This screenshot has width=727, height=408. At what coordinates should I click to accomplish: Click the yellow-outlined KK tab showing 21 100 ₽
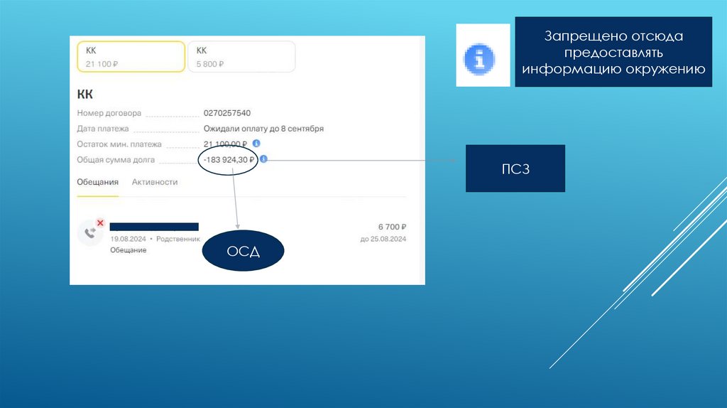click(x=131, y=56)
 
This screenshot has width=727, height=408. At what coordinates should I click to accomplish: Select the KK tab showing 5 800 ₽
click(x=241, y=56)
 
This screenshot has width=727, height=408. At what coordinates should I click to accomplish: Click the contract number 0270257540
click(x=226, y=113)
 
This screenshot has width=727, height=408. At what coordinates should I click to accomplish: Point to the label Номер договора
click(x=109, y=113)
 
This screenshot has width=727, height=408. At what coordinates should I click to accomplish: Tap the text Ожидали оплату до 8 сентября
click(x=263, y=129)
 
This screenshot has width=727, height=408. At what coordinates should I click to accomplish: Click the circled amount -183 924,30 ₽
click(x=228, y=160)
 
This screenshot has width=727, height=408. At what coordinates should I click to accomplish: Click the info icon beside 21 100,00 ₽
click(x=256, y=144)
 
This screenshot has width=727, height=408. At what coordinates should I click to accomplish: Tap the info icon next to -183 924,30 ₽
click(x=263, y=160)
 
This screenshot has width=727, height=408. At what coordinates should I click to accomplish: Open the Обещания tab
click(x=97, y=182)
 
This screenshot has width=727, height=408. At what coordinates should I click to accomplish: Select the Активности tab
click(x=155, y=182)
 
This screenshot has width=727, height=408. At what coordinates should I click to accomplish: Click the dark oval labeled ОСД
click(x=244, y=252)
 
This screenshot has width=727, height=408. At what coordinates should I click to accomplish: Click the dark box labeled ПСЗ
click(x=515, y=168)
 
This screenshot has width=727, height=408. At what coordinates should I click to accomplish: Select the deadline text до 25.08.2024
click(x=383, y=240)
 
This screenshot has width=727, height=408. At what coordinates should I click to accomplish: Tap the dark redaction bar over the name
click(x=154, y=227)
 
